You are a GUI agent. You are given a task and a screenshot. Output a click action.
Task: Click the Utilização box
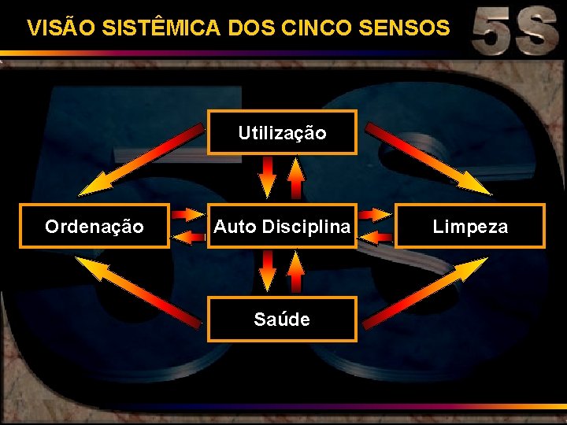(x=282, y=132)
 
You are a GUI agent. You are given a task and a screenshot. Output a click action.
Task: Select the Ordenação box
(x=94, y=227)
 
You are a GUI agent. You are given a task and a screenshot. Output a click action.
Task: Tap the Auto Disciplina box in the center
(x=282, y=227)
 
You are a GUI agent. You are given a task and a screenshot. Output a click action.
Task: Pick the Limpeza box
(x=470, y=227)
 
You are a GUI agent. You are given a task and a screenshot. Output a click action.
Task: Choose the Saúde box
(x=282, y=319)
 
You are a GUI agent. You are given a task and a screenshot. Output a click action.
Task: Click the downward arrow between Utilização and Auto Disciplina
(x=269, y=177)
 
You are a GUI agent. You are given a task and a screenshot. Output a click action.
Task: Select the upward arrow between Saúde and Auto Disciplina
(x=295, y=272)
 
